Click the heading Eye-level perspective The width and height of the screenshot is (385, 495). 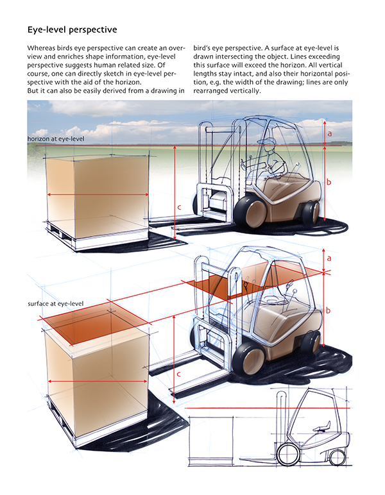71,29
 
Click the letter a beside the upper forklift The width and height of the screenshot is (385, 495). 329,133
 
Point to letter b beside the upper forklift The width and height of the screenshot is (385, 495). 329,182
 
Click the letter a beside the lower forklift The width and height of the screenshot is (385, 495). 329,258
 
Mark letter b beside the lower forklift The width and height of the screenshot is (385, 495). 329,310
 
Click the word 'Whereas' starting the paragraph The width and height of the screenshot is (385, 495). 42,48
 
